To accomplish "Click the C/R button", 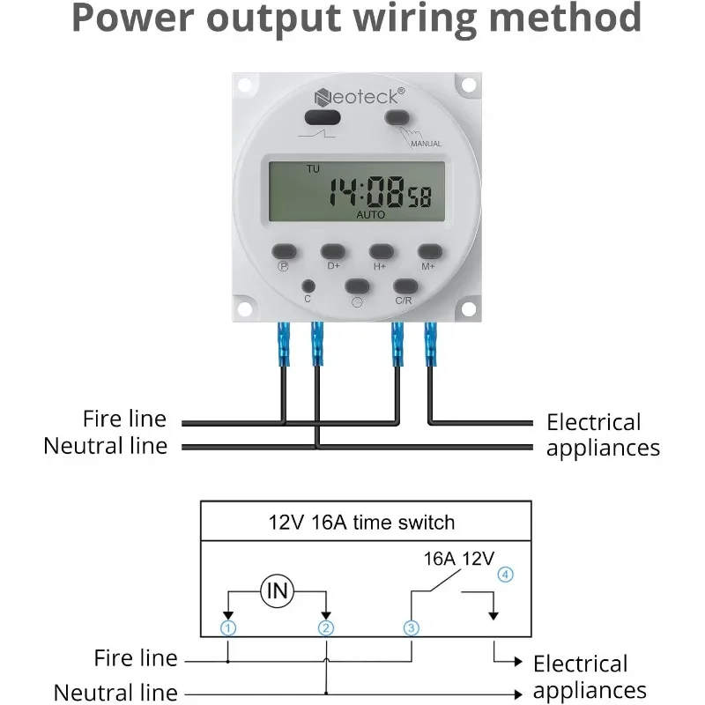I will point(404,286).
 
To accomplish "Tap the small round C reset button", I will point(308,286).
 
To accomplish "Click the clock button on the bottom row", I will point(356,286).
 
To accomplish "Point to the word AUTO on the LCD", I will point(371,214).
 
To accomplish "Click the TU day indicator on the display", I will point(313,168).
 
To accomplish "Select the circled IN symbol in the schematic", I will point(278,591).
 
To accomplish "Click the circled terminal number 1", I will point(228,628).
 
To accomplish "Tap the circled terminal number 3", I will point(411,628).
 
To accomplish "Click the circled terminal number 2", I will point(326,628).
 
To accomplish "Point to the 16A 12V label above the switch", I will point(459,557).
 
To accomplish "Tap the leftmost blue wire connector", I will point(283,343).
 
